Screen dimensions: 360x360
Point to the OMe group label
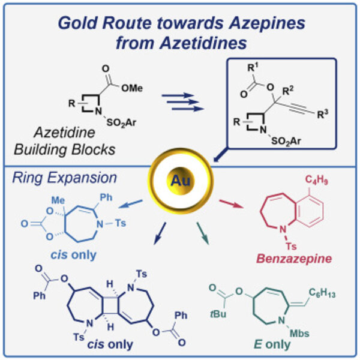(x=131, y=88)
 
